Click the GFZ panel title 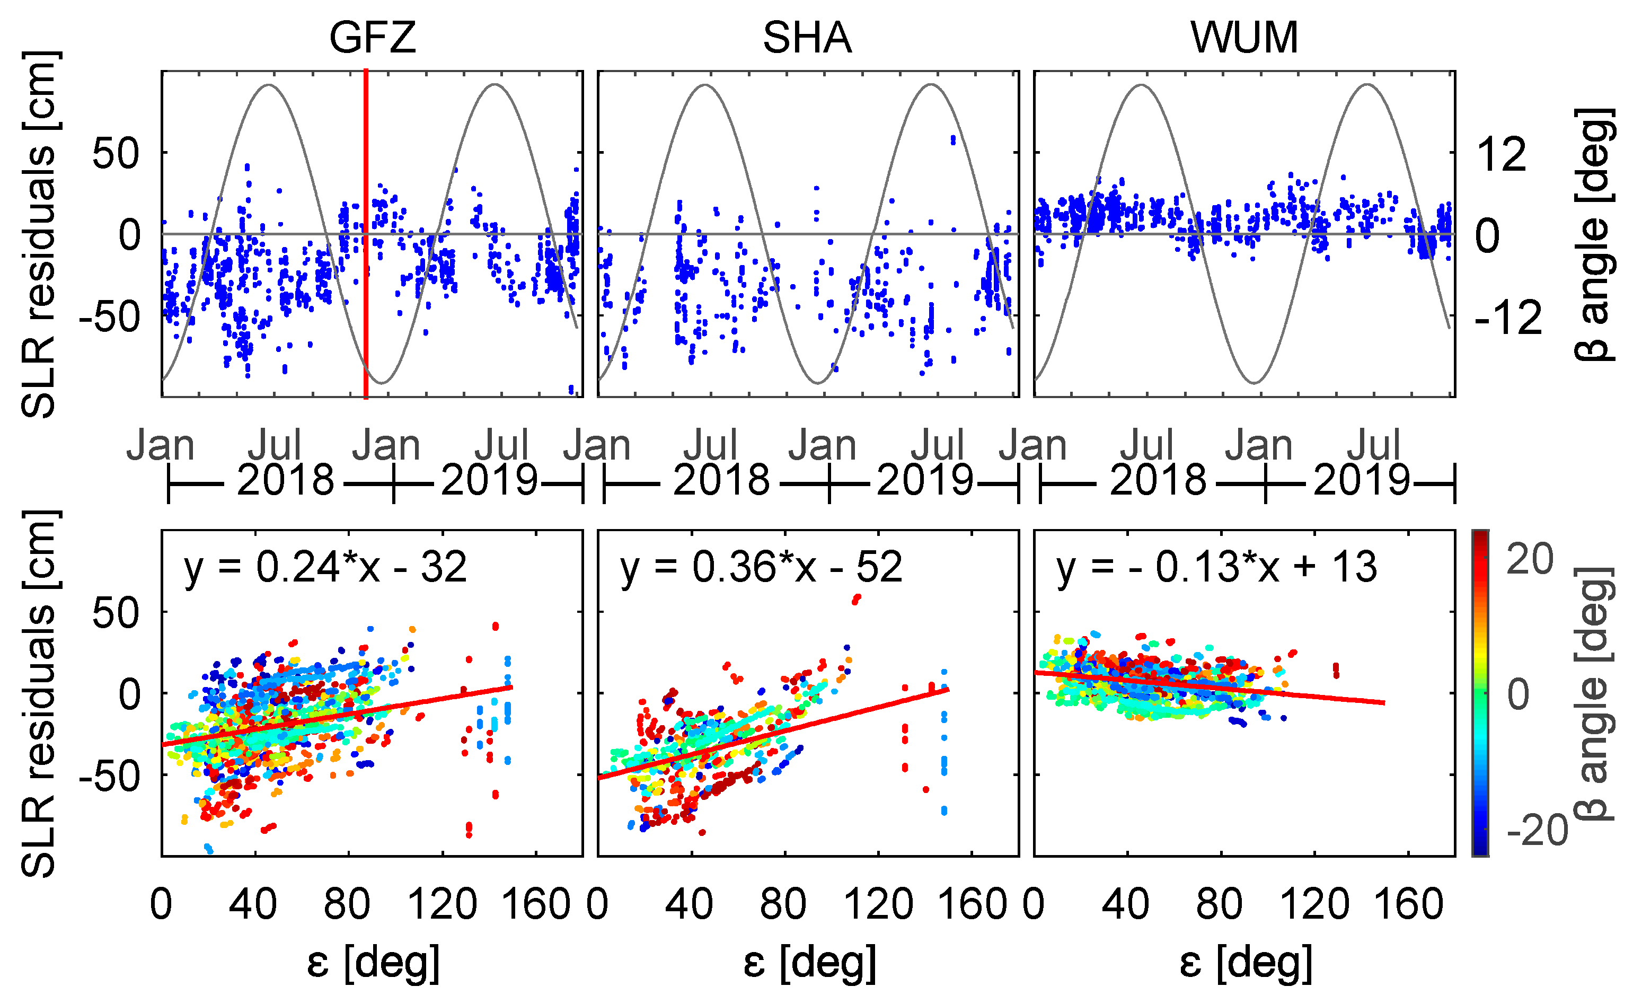(373, 37)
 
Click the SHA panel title (807, 37)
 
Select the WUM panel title (1244, 37)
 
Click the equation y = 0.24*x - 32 (325, 568)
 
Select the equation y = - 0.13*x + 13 (1216, 568)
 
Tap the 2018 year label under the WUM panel (1157, 479)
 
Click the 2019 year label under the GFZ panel (489, 479)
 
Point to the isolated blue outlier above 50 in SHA (954, 139)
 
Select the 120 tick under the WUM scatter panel (1314, 904)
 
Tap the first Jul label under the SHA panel (710, 445)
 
